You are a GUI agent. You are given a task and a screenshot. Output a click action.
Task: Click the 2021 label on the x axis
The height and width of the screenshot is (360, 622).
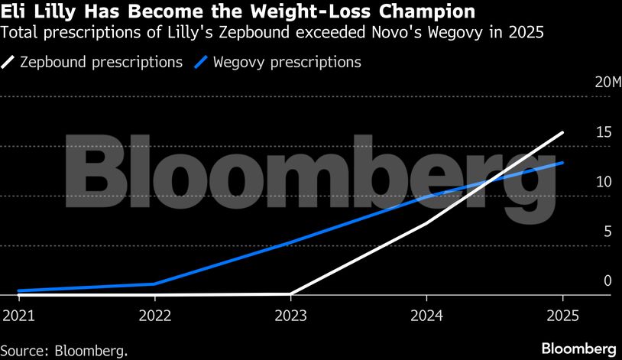coord(16,316)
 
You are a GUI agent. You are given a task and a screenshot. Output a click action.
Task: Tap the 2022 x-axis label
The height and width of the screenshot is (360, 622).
coord(154,316)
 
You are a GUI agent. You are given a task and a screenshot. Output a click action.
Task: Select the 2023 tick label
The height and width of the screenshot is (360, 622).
coord(290,316)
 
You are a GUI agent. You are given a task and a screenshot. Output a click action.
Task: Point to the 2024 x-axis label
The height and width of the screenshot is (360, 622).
coord(427,316)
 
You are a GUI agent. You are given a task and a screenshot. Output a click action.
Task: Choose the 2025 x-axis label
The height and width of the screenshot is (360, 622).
coord(563,316)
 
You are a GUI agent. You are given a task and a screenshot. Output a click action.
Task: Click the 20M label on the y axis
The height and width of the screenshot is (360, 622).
coord(603,83)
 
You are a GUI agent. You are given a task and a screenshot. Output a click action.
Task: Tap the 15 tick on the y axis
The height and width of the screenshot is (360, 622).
coord(604,132)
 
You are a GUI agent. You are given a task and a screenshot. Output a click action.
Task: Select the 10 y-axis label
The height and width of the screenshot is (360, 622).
coord(604,182)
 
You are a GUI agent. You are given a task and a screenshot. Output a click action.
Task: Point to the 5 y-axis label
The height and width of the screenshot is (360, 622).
coord(607,232)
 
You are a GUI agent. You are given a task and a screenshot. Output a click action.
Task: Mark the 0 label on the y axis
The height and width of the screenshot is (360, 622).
coord(607,281)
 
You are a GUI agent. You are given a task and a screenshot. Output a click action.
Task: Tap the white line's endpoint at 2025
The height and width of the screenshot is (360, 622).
coord(563,132)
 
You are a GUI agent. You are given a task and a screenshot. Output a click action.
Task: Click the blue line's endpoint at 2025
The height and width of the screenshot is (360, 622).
coord(563,162)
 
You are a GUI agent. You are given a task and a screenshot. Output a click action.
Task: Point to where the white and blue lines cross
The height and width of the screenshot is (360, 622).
coord(490,180)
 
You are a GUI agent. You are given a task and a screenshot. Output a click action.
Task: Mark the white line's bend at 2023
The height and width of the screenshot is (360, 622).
coord(290,293)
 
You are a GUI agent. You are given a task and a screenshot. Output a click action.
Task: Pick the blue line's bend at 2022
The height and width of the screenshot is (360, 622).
coord(154,284)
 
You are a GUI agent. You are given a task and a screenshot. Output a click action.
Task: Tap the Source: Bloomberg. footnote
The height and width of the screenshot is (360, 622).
coord(64,350)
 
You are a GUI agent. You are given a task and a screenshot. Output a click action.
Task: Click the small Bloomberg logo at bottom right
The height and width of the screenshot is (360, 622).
coord(579,349)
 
